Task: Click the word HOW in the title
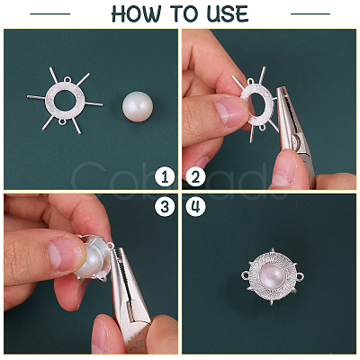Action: (x=137, y=13)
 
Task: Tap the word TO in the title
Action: (x=184, y=13)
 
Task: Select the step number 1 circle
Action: (x=165, y=177)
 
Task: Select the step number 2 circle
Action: (x=195, y=177)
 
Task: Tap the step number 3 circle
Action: (x=165, y=206)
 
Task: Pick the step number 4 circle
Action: (x=195, y=206)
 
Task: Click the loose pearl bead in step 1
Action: (x=138, y=106)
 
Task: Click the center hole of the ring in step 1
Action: (x=65, y=100)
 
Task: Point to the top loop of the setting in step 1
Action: (x=67, y=79)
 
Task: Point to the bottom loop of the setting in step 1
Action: (x=62, y=122)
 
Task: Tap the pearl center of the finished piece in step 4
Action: (x=272, y=276)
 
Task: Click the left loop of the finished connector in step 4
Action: (x=245, y=274)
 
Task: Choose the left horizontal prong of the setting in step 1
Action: (x=37, y=97)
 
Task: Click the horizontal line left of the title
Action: (x=50, y=13)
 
